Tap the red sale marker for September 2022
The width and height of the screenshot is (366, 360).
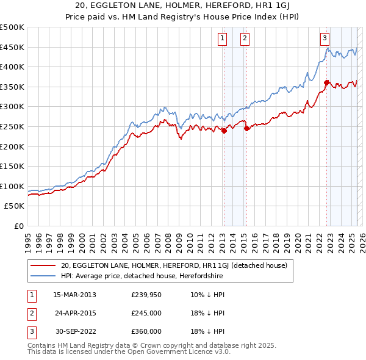pos(327,82)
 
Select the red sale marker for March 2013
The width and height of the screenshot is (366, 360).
pos(224,130)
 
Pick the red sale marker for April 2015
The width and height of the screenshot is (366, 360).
pos(246,128)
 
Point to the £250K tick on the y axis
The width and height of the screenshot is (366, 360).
pos(12,126)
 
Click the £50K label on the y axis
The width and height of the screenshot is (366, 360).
pos(15,206)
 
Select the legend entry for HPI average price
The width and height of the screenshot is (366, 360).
pos(142,276)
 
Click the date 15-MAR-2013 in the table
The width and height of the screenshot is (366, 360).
pos(74,295)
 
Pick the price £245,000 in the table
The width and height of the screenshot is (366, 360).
pos(146,313)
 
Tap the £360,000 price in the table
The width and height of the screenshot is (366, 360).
pos(146,331)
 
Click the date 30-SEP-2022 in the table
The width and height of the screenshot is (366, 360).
pos(74,331)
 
